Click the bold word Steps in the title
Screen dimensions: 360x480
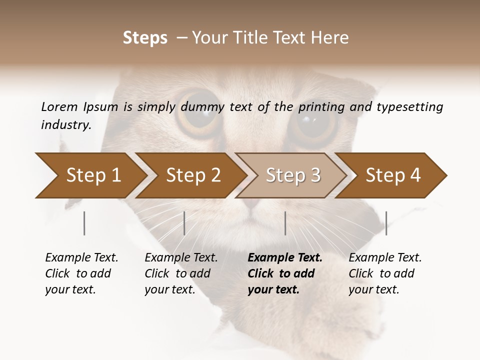145,38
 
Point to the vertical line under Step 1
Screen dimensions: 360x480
84,223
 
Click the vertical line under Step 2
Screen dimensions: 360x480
184,223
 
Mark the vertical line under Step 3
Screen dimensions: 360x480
285,223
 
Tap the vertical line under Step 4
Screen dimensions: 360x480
386,223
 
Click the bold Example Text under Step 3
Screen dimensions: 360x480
285,258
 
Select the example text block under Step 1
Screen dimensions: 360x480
81,273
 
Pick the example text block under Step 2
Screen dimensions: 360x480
181,273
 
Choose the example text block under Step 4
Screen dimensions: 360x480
385,273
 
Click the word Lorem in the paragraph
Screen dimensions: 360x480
59,106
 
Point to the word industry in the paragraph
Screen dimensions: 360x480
65,124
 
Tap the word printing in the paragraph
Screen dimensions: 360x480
323,107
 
